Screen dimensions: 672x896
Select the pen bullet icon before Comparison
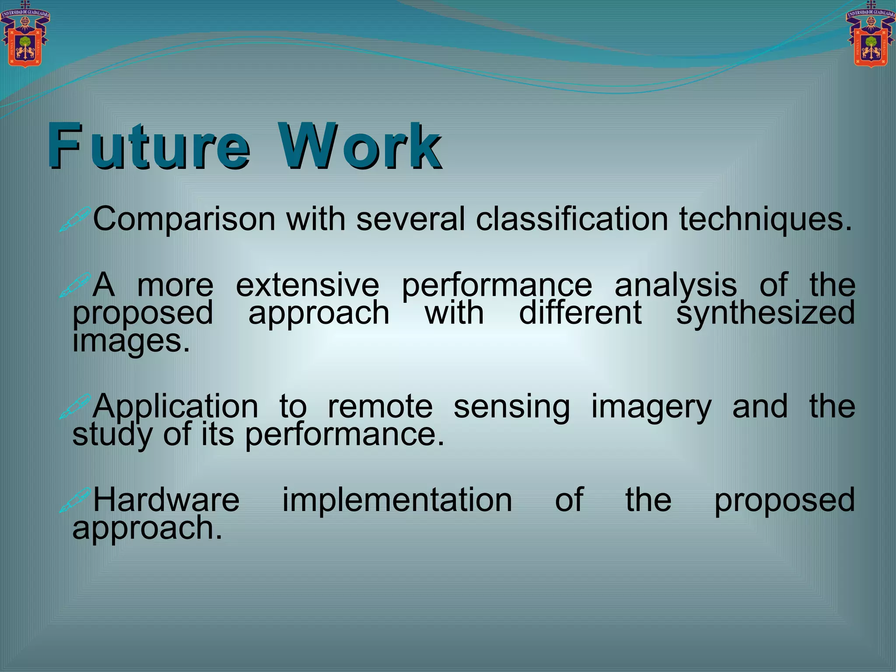click(x=75, y=219)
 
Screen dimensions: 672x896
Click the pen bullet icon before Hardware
click(x=75, y=500)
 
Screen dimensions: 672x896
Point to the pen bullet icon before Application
click(x=75, y=406)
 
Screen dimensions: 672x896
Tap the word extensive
click(x=307, y=285)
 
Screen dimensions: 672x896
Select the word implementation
click(x=397, y=500)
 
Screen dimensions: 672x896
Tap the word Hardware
click(x=166, y=500)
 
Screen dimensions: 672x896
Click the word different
click(x=580, y=313)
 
